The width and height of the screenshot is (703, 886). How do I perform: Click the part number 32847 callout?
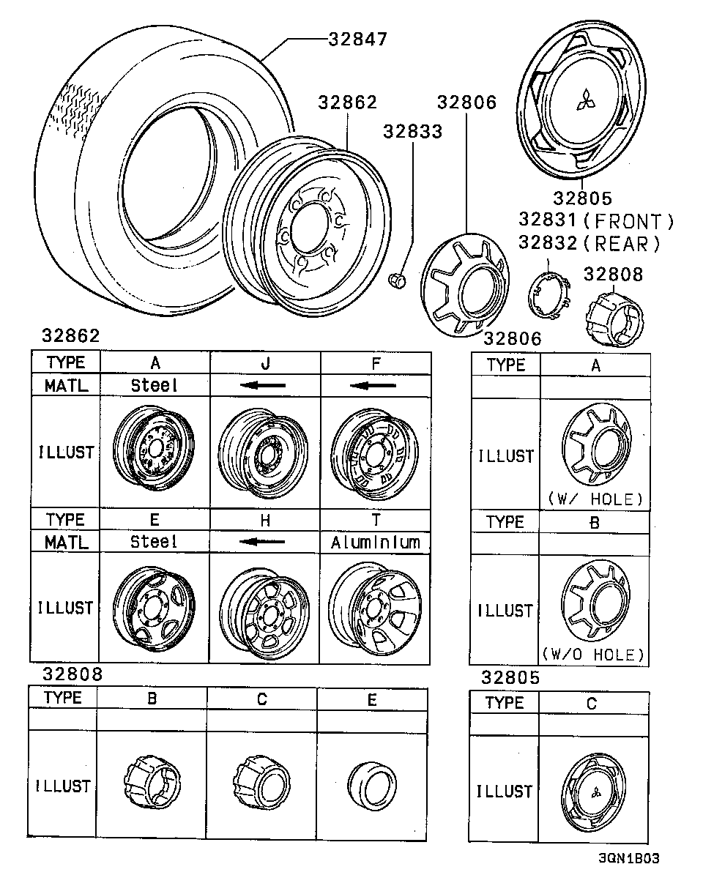pos(357,39)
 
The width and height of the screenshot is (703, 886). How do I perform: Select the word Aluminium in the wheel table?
pos(375,543)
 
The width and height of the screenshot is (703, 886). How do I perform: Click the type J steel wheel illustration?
pos(264,453)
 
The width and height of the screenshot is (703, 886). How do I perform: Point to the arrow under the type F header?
pos(374,385)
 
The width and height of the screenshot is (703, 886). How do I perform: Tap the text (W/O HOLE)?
pos(594,654)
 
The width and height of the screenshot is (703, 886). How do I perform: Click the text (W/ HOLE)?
pos(594,499)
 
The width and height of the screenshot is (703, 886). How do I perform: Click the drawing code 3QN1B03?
pos(628,858)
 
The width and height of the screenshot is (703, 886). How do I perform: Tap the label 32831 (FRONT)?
pos(595,220)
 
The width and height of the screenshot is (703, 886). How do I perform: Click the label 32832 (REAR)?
pos(589,243)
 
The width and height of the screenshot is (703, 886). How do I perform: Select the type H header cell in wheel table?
pos(265,520)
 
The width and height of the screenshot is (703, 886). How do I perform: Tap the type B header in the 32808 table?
pos(152,699)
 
